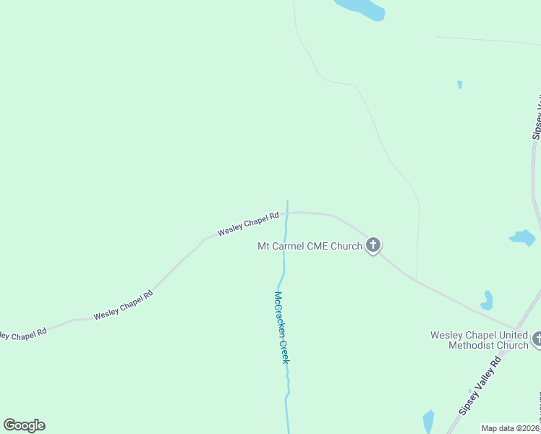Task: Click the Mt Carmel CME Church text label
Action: [x=310, y=246]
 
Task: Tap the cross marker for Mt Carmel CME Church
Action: [x=373, y=245]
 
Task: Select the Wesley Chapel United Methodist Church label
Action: [x=479, y=340]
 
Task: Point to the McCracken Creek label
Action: [x=281, y=327]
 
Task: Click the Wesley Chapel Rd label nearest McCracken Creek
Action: [x=248, y=224]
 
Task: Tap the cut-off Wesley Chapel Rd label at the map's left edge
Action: [x=22, y=334]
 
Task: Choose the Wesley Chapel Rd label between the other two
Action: [x=123, y=306]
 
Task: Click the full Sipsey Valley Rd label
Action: [x=480, y=386]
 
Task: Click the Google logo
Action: [x=24, y=425]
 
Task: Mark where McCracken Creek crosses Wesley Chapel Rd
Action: [x=287, y=213]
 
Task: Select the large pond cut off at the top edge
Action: [x=360, y=8]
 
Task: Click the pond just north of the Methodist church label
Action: [x=487, y=299]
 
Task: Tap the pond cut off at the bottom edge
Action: [x=428, y=422]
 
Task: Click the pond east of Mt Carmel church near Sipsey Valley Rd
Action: [x=523, y=237]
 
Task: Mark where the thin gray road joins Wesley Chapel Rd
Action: [x=417, y=279]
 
